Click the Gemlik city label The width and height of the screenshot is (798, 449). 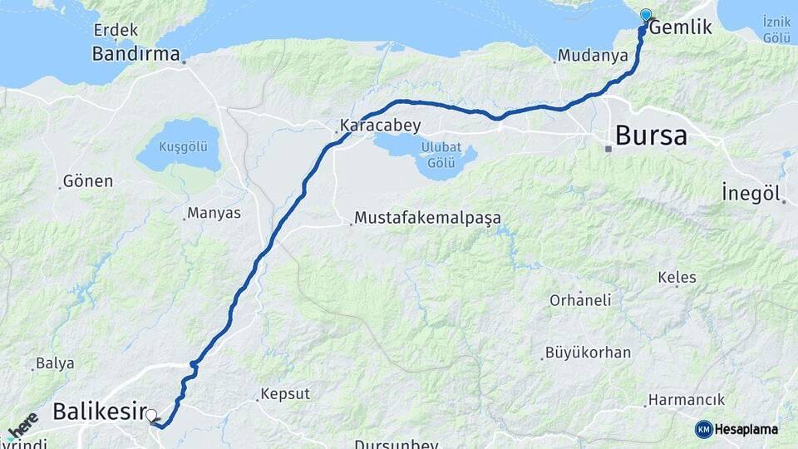click(681, 27)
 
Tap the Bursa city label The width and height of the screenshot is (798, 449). click(651, 136)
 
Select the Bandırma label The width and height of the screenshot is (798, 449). click(136, 55)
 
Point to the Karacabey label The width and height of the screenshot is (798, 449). click(380, 126)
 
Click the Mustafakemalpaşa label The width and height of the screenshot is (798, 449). click(427, 219)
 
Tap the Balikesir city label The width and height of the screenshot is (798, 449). click(98, 411)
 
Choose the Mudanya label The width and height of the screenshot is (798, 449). click(593, 57)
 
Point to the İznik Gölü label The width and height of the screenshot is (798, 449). click(776, 29)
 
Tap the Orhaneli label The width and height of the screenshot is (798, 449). click(579, 300)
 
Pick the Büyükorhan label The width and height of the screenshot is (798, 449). click(588, 353)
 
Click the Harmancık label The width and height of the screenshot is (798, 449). click(687, 400)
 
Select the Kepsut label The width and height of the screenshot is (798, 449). click(284, 394)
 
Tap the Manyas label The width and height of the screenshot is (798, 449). click(214, 214)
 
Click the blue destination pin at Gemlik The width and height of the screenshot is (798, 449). click(646, 15)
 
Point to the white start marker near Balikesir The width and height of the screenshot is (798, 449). click(151, 414)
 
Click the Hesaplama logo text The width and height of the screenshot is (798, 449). click(746, 429)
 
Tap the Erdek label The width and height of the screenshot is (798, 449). click(115, 31)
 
